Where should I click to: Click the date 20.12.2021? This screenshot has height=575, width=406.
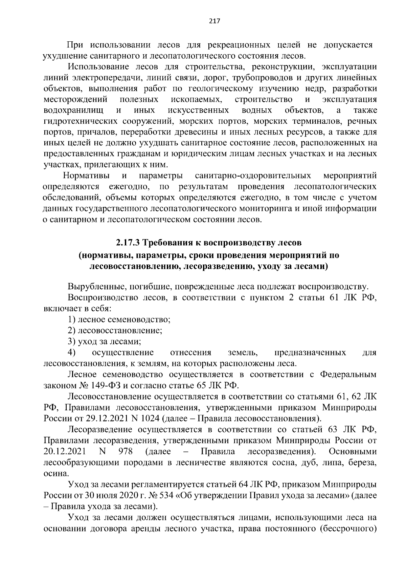pos(65,452)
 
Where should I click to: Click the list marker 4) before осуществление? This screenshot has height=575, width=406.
pos(72,353)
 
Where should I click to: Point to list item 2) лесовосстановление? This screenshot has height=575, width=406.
pos(115,330)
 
